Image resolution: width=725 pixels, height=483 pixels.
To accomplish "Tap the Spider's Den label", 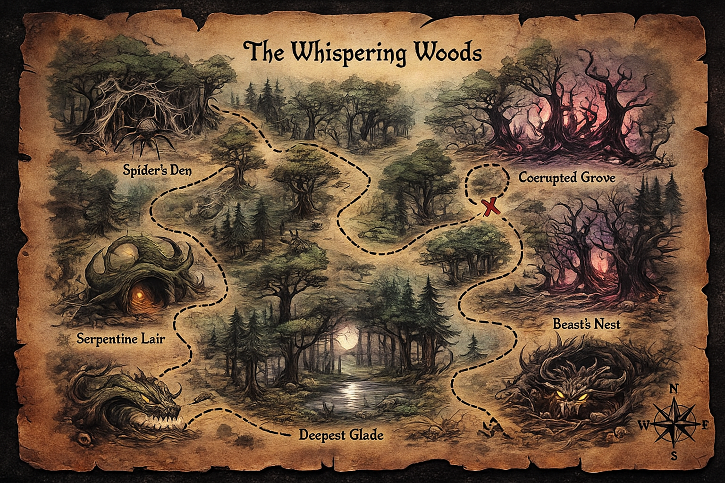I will click(157, 170).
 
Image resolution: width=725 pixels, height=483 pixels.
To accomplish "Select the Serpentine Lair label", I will click(121, 338).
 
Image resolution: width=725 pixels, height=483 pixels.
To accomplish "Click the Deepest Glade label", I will click(341, 434).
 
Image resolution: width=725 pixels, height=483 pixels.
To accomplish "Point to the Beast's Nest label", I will click(586, 324).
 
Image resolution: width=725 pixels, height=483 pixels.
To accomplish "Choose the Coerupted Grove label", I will click(567, 178).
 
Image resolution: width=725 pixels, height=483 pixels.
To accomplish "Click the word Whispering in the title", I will click(349, 52).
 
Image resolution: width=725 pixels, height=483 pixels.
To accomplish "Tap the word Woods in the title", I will click(449, 52).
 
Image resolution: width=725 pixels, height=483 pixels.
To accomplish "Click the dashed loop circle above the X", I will click(485, 182).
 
